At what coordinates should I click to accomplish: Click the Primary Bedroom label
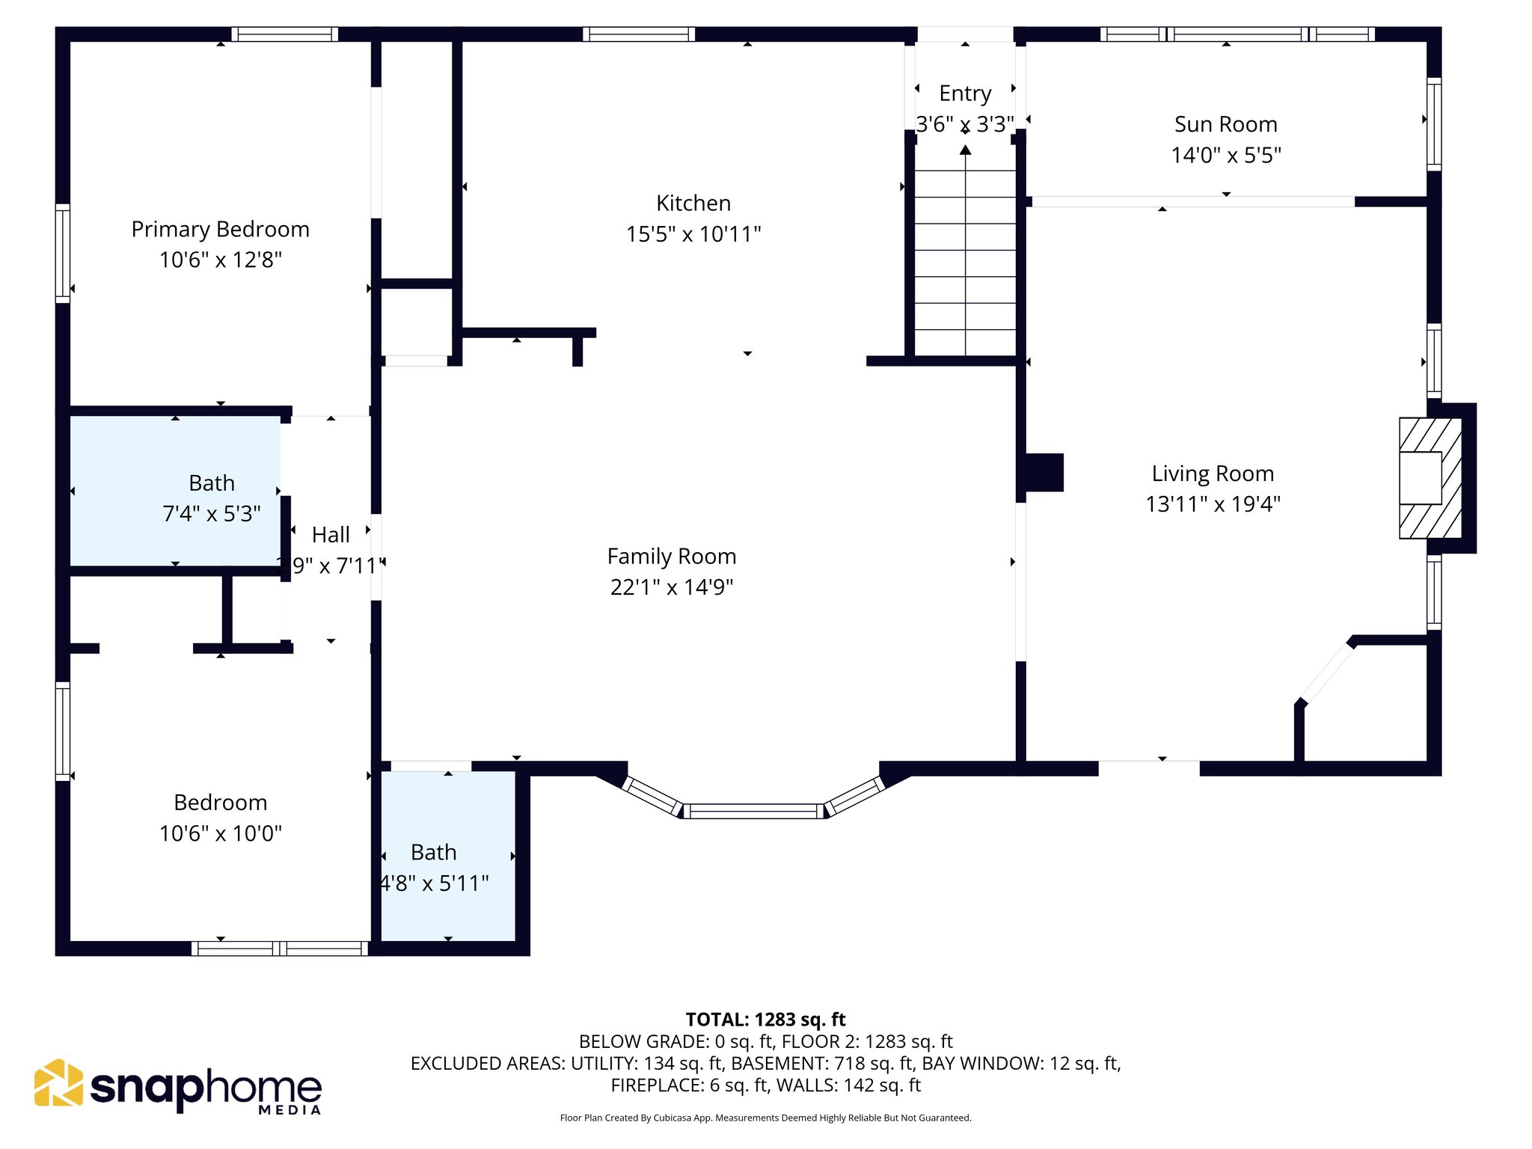click(220, 229)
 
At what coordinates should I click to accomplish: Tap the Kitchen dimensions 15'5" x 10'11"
click(693, 234)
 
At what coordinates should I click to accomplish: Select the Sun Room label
click(1225, 124)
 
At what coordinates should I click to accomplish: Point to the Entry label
click(965, 94)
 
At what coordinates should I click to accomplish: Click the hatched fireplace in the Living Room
click(1430, 478)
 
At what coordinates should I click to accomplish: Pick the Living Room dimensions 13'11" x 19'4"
click(1213, 504)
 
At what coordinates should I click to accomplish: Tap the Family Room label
click(671, 557)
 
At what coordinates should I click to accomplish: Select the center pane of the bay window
click(753, 811)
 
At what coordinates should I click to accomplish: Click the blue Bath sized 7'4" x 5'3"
click(176, 490)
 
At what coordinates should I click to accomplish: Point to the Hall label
click(331, 535)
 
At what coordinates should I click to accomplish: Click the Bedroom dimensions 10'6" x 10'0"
click(220, 833)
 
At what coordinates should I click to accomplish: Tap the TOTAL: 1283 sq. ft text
click(765, 1020)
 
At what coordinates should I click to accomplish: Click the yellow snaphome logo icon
click(58, 1082)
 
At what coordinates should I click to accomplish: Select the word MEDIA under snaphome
click(289, 1110)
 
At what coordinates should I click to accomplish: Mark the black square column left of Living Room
click(1044, 473)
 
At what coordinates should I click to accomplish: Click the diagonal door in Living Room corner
click(1327, 672)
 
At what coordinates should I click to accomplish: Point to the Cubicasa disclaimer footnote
click(765, 1118)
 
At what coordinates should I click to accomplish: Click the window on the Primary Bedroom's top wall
click(284, 34)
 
